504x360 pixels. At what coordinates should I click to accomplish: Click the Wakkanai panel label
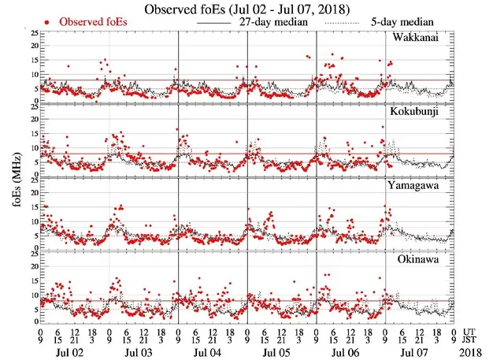point(423,39)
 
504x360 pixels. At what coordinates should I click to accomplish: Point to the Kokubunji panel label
point(423,112)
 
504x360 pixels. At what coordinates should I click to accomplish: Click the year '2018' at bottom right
point(476,351)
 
